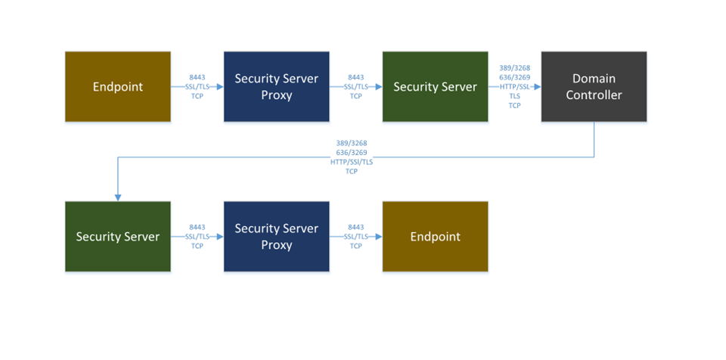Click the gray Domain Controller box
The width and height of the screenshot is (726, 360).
pyautogui.click(x=594, y=86)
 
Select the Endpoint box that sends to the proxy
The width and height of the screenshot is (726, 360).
pyautogui.click(x=117, y=86)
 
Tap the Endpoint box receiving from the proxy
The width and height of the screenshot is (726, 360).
pyautogui.click(x=435, y=236)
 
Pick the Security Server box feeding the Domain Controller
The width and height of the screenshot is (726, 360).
pyautogui.click(x=435, y=86)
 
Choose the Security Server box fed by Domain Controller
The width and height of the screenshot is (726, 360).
pyautogui.click(x=117, y=236)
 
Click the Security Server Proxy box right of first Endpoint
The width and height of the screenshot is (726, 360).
pyautogui.click(x=276, y=86)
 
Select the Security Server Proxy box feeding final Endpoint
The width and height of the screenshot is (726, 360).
pyautogui.click(x=276, y=236)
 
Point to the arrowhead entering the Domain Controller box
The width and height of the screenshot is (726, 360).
pyautogui.click(x=537, y=87)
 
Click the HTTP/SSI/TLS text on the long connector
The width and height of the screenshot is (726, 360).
pyautogui.click(x=352, y=162)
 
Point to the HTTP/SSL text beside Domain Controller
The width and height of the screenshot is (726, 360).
pyautogui.click(x=515, y=87)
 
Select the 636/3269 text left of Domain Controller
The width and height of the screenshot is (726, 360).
pyautogui.click(x=515, y=77)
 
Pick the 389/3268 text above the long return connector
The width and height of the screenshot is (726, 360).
pyautogui.click(x=352, y=142)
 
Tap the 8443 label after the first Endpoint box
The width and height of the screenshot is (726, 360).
pyautogui.click(x=197, y=77)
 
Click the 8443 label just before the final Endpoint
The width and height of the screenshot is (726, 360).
pyautogui.click(x=356, y=227)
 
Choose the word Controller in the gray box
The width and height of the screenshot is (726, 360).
pyautogui.click(x=594, y=95)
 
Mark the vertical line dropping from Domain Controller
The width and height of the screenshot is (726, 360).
pyautogui.click(x=594, y=139)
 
